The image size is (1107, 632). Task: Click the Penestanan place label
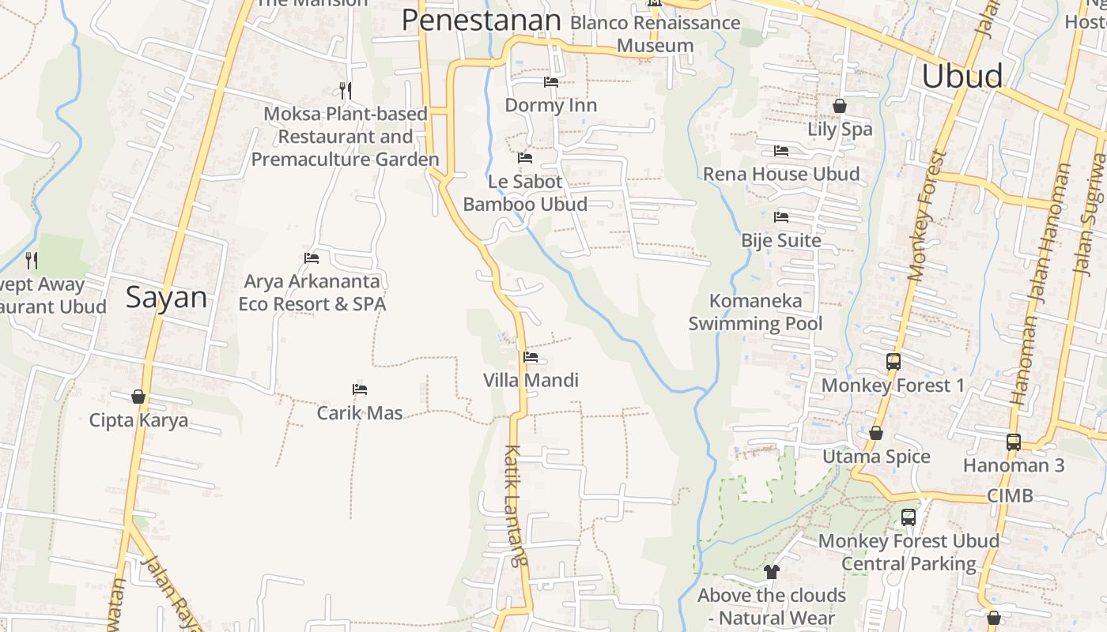[x=481, y=21]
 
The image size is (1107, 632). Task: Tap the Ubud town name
[x=962, y=76]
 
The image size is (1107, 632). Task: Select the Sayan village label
[x=166, y=298]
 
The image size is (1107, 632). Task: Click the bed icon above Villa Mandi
[x=531, y=357]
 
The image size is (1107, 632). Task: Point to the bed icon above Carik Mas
[x=360, y=389]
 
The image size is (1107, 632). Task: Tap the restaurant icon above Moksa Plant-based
[x=345, y=90]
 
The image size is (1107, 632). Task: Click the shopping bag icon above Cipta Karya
[x=138, y=397]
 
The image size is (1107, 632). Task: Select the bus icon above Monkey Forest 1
[x=893, y=362]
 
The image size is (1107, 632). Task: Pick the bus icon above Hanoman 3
[x=1014, y=442]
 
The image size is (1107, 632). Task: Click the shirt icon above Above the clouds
[x=771, y=572]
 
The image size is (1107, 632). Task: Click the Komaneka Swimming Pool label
[x=755, y=312]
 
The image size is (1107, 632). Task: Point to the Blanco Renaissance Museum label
[x=655, y=34]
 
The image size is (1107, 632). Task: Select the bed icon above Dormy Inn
[x=551, y=82]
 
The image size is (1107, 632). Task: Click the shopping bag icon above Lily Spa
[x=840, y=106]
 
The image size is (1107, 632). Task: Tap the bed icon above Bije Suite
[x=781, y=216]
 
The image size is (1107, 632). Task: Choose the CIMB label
[x=1010, y=496]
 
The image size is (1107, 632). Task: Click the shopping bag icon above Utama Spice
[x=876, y=433]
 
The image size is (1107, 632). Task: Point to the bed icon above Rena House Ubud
[x=781, y=150]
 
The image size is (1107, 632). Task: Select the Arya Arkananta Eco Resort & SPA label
[x=312, y=292]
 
